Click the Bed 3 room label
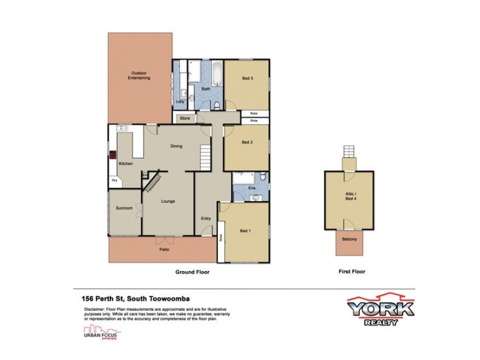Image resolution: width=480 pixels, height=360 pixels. [x=247, y=79]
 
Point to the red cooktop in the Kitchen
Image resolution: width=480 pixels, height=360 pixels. [x=112, y=154]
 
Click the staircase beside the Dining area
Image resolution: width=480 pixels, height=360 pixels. [x=206, y=158]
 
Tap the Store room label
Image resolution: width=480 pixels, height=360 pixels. [x=185, y=118]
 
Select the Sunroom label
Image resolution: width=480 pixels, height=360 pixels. [x=124, y=208]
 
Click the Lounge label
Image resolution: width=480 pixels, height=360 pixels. [x=167, y=201]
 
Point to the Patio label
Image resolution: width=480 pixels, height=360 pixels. [x=163, y=250]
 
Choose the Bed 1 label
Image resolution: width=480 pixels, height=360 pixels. [x=245, y=230]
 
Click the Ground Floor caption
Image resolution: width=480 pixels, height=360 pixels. [x=192, y=271]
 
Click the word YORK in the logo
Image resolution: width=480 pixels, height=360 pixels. [x=380, y=308]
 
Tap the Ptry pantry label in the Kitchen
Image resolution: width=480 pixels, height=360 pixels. [x=113, y=179]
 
